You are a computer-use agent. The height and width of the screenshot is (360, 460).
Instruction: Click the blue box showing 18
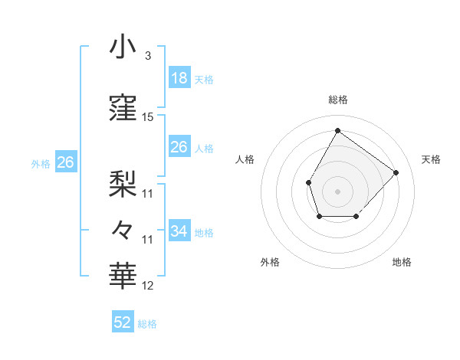coord(179,78)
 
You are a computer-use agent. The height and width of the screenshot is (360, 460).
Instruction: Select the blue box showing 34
coord(179,231)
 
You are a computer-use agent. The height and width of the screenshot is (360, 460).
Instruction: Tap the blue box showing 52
coord(123,322)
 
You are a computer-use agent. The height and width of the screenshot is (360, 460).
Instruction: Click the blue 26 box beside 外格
coord(65,162)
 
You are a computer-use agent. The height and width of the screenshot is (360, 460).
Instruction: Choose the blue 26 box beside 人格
coord(179,147)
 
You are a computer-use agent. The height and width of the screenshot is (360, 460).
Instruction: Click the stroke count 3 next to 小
coord(147,55)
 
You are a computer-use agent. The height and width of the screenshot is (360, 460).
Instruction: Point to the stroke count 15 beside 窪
coord(148,117)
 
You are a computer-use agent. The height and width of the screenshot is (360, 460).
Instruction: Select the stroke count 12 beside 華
coord(148,286)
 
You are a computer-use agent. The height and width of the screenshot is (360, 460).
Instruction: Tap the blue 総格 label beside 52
coord(147,324)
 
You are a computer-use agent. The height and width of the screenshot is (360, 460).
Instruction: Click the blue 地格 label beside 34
coord(204,233)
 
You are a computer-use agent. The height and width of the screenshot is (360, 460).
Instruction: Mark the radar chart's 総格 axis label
coord(338,100)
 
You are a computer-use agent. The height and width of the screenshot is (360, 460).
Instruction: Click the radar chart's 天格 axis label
coord(431,159)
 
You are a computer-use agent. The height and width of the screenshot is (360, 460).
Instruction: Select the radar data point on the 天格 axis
coord(396,172)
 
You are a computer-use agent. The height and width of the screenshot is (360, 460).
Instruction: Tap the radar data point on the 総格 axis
coord(337,130)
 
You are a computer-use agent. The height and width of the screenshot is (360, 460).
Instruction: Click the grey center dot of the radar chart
coord(337,191)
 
